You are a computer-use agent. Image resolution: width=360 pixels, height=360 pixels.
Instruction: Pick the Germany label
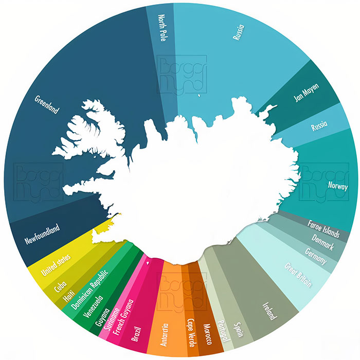315,257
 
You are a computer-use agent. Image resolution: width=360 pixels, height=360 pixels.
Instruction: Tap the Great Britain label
298,275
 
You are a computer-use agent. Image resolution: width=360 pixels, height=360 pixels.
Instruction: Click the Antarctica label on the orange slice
165,334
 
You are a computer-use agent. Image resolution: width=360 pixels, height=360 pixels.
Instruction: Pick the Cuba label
61,285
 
